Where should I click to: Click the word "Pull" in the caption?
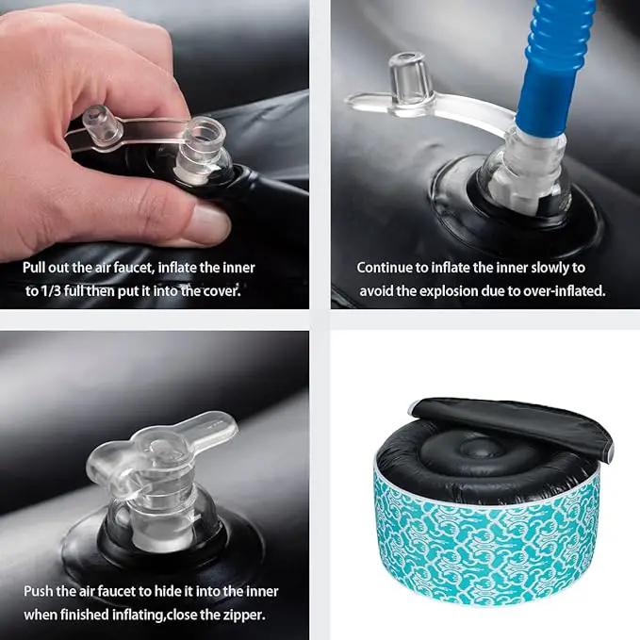point(34,268)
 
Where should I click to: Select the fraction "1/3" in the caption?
point(51,291)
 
